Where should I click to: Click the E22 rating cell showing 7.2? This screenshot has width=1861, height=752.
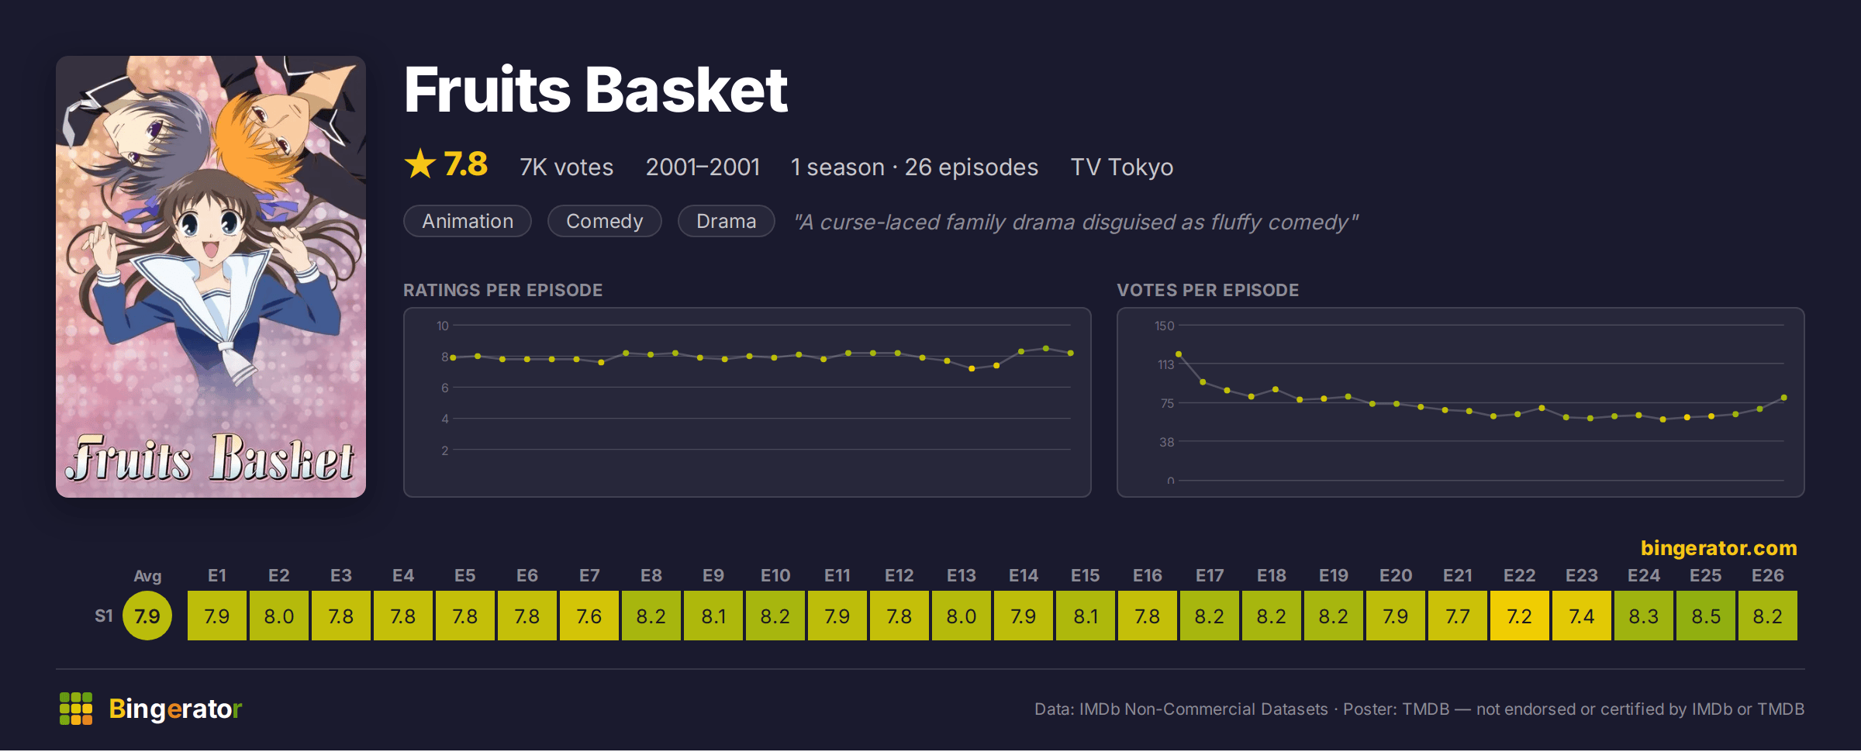click(1519, 616)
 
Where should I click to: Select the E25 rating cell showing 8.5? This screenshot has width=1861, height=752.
click(1705, 616)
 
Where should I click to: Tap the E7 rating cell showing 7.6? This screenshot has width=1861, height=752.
click(589, 616)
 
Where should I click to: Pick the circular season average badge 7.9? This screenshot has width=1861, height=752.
click(147, 616)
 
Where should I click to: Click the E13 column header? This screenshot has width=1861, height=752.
click(962, 575)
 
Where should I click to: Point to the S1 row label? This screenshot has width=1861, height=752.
click(104, 616)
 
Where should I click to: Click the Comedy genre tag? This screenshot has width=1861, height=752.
click(605, 221)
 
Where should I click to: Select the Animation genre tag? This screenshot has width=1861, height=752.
click(468, 221)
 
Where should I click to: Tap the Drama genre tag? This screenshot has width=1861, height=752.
click(727, 221)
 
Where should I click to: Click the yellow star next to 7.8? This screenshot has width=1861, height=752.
click(420, 164)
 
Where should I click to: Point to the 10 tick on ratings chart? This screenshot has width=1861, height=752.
click(443, 326)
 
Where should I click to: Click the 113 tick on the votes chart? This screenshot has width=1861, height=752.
click(1166, 364)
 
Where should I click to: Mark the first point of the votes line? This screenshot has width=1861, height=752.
click(1179, 354)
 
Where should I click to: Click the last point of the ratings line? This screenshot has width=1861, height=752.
click(1071, 354)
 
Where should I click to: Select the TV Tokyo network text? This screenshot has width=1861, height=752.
click(1122, 167)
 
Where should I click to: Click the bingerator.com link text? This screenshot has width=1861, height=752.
click(1718, 548)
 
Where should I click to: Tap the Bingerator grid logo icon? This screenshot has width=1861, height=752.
click(76, 709)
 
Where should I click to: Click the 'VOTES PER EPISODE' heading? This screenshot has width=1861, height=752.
click(1207, 290)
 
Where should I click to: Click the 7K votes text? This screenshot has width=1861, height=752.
click(566, 167)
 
